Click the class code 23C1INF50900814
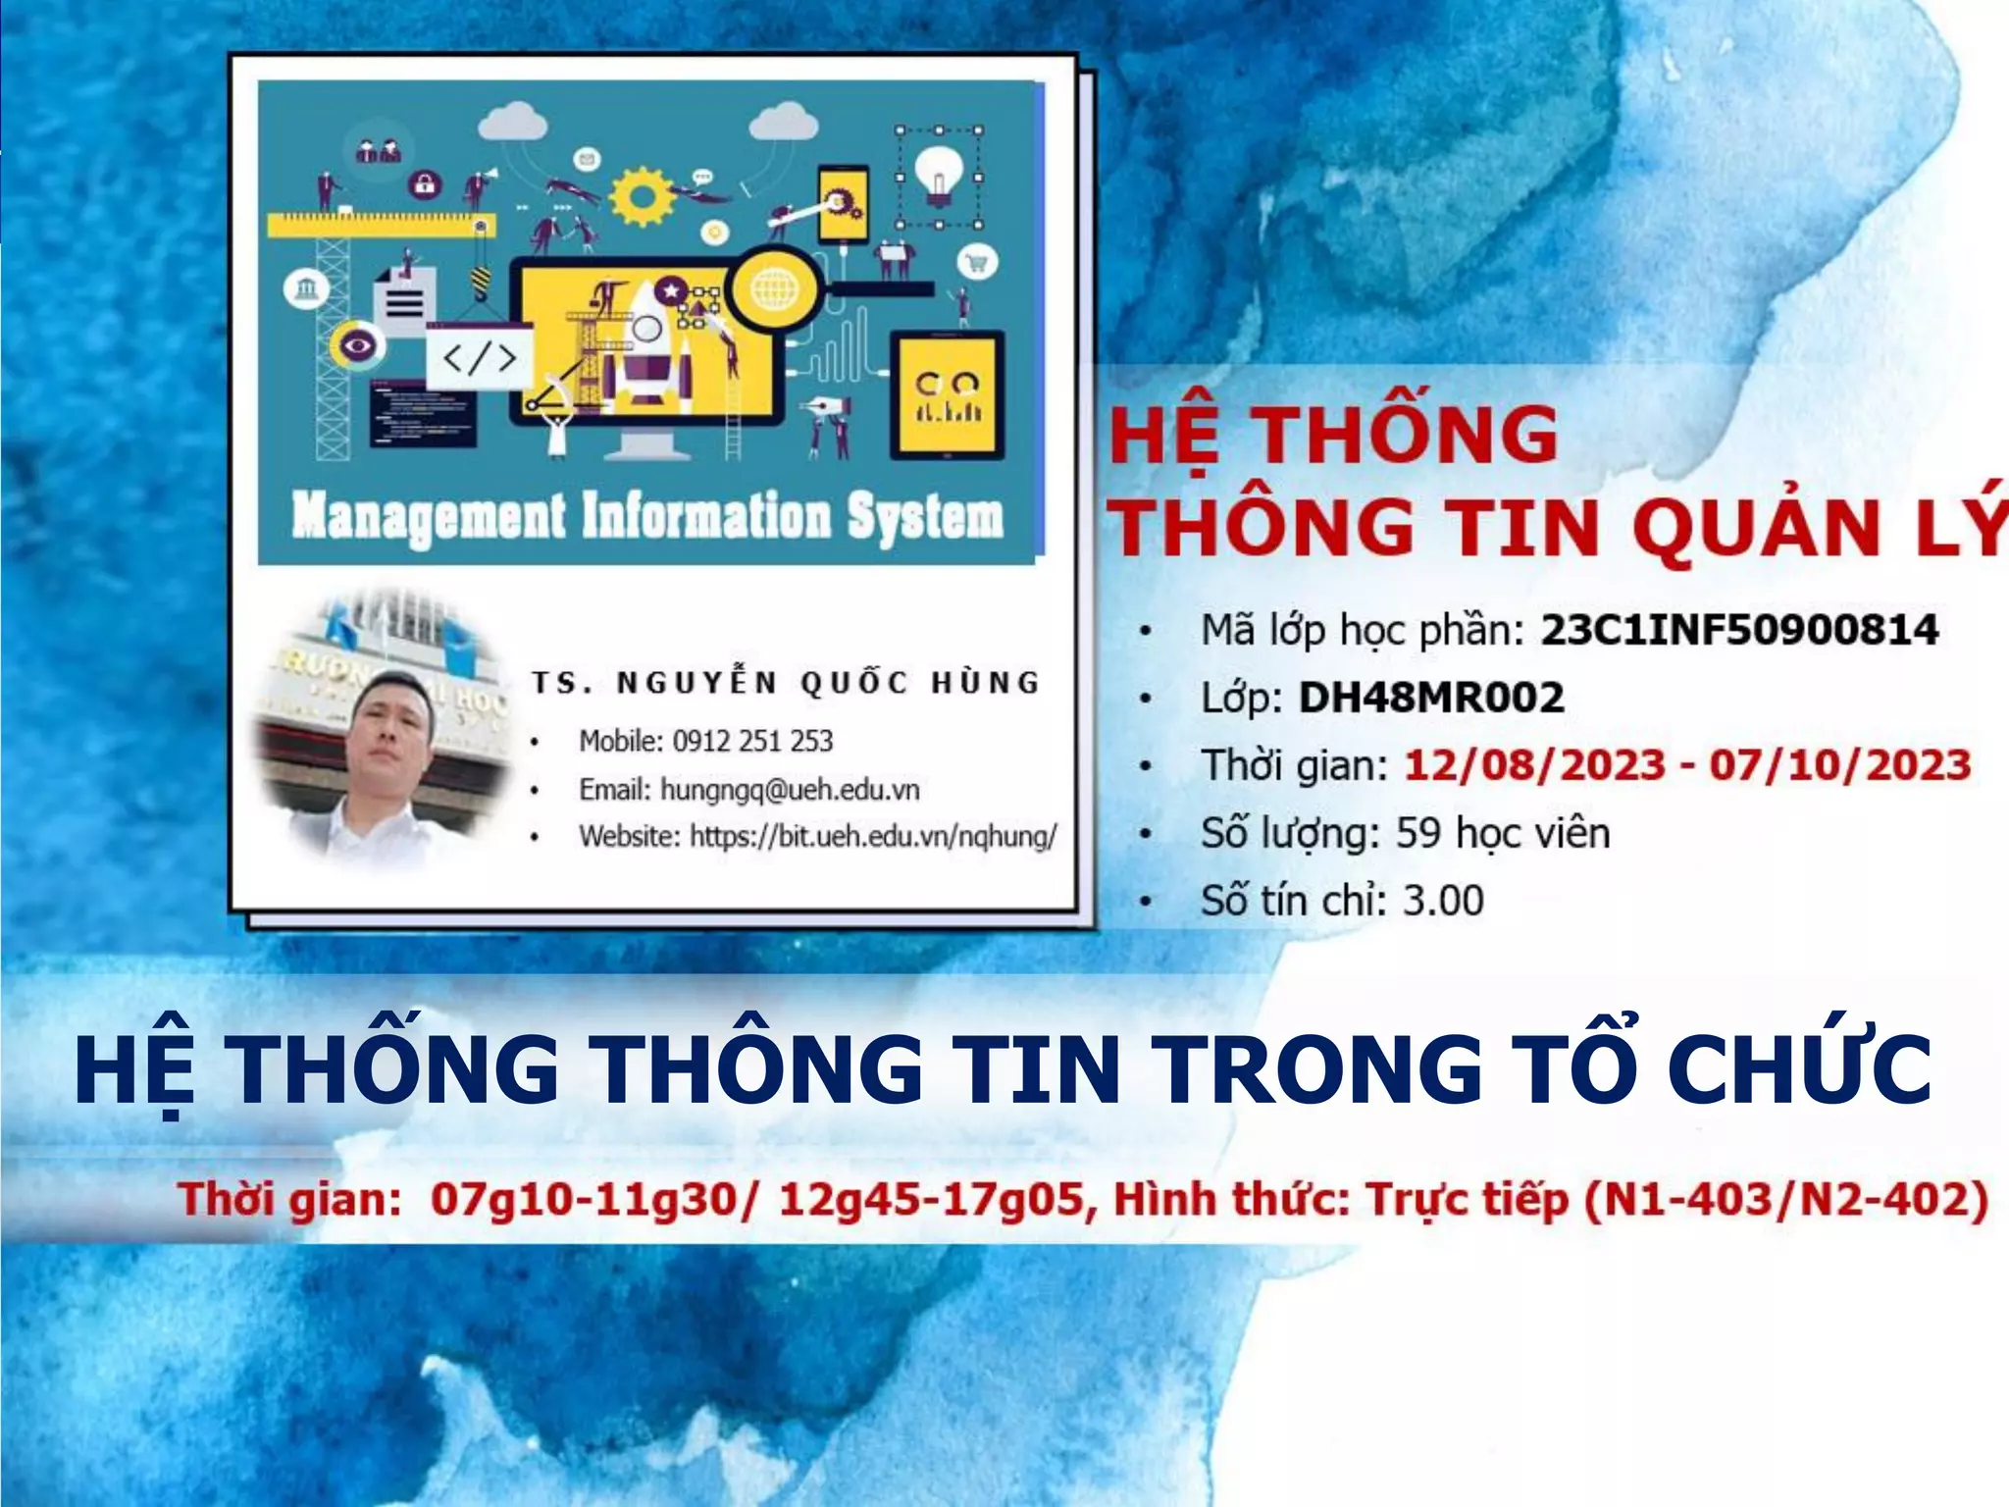tap(1738, 630)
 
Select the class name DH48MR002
tap(1430, 698)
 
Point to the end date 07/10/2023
tap(1839, 765)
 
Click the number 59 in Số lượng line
tap(1417, 834)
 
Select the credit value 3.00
tap(1443, 901)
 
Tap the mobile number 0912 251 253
tap(752, 741)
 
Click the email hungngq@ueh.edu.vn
tap(790, 790)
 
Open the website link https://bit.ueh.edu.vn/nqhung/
tap(873, 837)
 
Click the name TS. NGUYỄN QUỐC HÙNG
tap(785, 683)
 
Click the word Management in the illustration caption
tap(429, 517)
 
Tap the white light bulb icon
tap(939, 175)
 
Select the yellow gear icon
tap(642, 196)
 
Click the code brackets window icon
tap(479, 357)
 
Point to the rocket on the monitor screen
tap(646, 348)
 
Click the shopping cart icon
tap(977, 263)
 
